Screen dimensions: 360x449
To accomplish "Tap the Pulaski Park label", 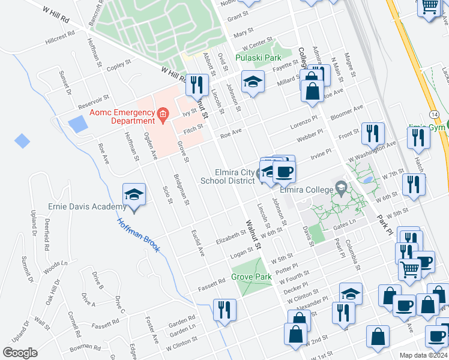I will coord(259,58).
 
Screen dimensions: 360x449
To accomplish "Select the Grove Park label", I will coord(252,277).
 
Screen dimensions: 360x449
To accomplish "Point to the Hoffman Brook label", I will coord(138,234).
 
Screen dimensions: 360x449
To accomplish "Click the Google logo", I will coord(20,353).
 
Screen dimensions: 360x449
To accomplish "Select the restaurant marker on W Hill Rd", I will coord(196,85).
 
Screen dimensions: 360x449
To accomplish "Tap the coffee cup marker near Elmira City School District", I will coord(284,172).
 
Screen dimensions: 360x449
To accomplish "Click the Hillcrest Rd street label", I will coord(60,38).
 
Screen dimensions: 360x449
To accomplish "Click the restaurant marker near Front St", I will coord(373,134).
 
